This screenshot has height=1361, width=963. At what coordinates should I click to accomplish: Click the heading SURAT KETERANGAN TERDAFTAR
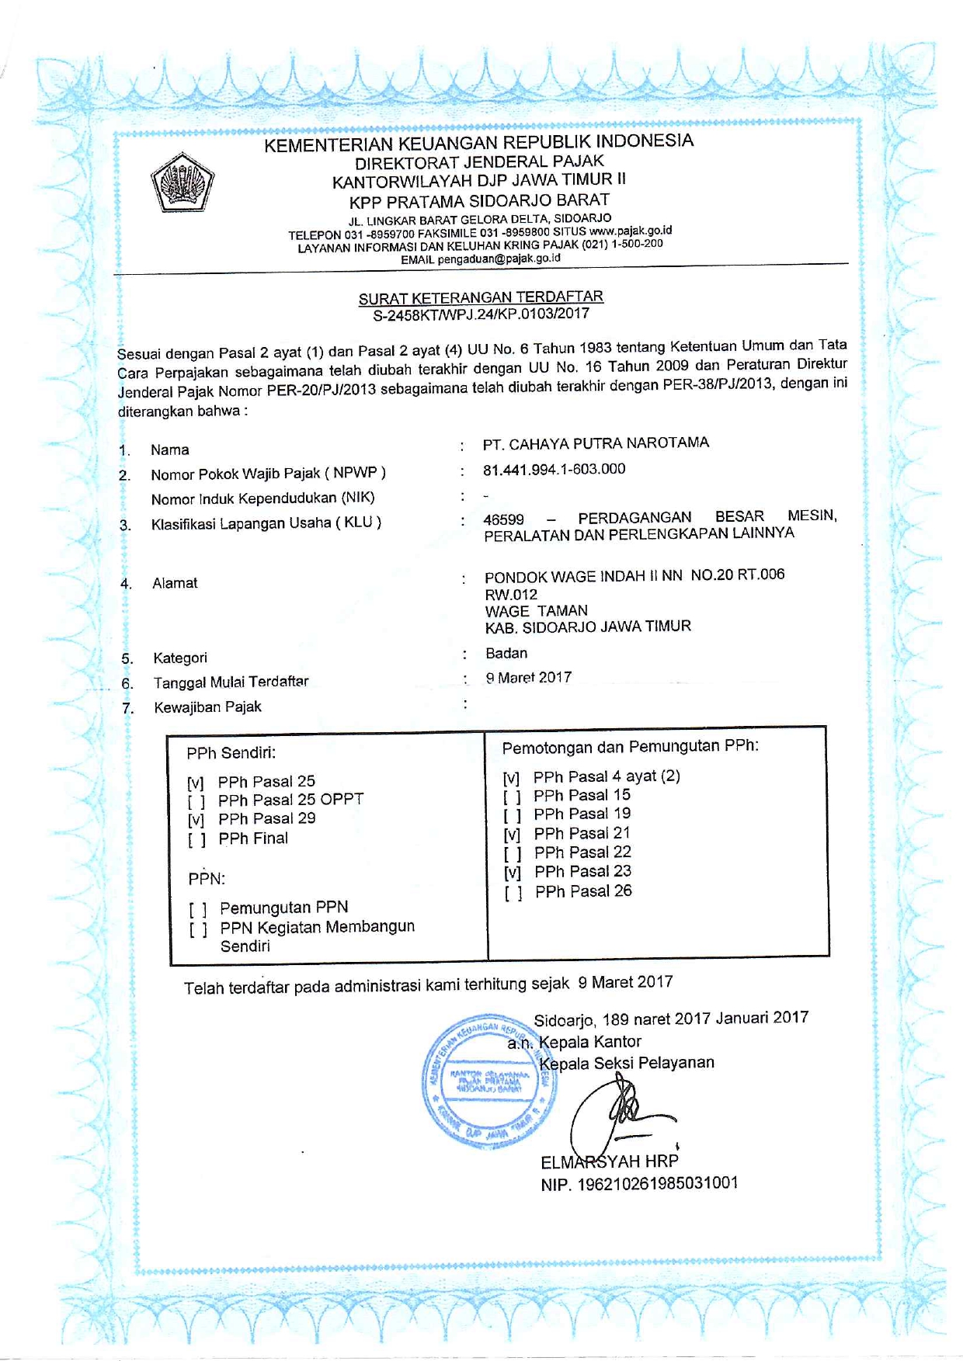[x=481, y=297]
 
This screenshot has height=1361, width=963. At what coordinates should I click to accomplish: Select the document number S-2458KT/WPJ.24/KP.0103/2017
[x=481, y=314]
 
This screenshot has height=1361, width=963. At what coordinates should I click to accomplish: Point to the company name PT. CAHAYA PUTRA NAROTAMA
[x=596, y=443]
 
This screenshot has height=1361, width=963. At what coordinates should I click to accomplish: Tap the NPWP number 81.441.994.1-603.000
[x=554, y=469]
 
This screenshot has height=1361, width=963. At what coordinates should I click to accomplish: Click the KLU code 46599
[x=503, y=519]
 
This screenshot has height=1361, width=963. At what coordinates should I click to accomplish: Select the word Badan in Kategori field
[x=506, y=653]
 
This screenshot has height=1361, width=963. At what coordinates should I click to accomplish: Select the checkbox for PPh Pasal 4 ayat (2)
[x=511, y=778]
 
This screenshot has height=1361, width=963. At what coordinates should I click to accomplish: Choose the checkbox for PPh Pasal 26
[x=513, y=893]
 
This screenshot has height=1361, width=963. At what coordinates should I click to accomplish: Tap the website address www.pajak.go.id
[x=630, y=231]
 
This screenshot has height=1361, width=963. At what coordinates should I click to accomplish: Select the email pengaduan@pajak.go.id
[x=499, y=259]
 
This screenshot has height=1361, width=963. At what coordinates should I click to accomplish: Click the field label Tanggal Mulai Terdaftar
[x=231, y=682]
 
